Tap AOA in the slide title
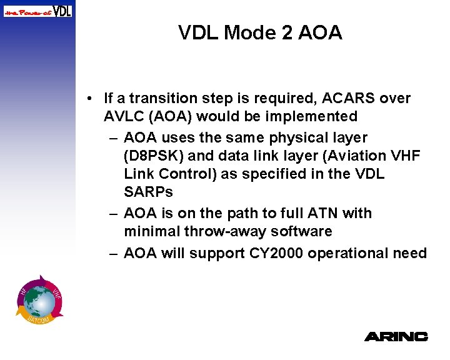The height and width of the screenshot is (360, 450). pyautogui.click(x=319, y=32)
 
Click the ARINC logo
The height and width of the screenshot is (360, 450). pyautogui.click(x=396, y=336)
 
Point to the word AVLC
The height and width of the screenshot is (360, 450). pyautogui.click(x=124, y=116)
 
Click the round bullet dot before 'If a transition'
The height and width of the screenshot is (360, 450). pyautogui.click(x=91, y=99)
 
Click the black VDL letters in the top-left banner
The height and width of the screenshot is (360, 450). pyautogui.click(x=61, y=11)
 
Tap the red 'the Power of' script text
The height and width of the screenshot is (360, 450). pyautogui.click(x=27, y=11)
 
